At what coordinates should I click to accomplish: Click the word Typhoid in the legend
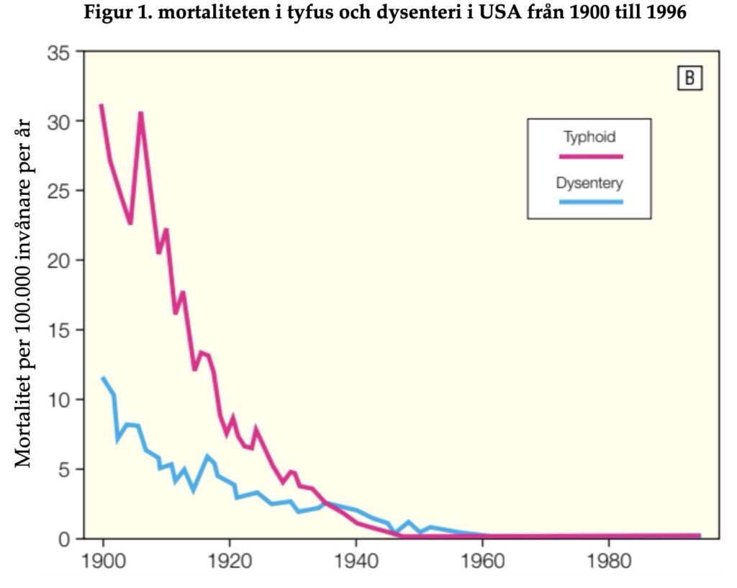point(589,137)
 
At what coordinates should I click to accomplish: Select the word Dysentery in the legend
point(589,183)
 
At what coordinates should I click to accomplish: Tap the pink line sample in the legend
point(590,155)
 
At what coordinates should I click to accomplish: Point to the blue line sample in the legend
point(590,202)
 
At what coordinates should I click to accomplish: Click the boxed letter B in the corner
point(689,78)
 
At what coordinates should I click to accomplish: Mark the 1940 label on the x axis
point(356,560)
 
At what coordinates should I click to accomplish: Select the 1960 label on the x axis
point(482,560)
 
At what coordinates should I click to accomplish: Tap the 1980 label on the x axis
point(609,560)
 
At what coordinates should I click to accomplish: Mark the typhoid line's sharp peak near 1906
point(141,113)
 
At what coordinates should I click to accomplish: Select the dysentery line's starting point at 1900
point(103,377)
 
